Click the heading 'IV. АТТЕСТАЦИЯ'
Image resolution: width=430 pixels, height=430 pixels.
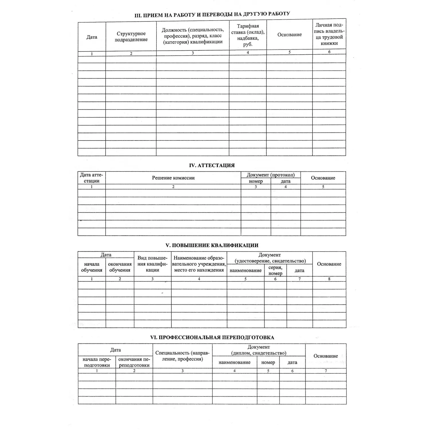(212, 165)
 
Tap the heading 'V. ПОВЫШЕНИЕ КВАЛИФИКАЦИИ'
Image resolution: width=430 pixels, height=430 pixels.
(212, 245)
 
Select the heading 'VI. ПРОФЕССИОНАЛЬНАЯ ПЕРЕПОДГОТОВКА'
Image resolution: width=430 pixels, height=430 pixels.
(212, 337)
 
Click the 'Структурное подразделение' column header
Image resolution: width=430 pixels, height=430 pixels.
(131, 37)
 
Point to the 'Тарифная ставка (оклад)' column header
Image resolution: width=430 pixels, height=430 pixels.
(248, 35)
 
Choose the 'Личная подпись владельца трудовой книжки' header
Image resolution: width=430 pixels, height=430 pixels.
(329, 34)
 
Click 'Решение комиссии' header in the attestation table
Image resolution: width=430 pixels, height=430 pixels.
(173, 178)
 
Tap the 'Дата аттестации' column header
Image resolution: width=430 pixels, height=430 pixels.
(91, 178)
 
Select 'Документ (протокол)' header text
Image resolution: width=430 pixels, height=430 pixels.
(270, 175)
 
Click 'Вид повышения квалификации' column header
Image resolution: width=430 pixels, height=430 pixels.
(152, 264)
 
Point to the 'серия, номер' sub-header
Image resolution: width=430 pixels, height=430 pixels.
(275, 270)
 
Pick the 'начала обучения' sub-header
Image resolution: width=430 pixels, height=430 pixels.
(91, 267)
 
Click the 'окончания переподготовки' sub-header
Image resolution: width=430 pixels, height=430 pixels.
(134, 362)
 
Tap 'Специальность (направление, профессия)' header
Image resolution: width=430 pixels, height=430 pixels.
(182, 356)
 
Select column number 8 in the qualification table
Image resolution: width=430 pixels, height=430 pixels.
(329, 279)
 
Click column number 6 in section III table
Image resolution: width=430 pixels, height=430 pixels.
(329, 52)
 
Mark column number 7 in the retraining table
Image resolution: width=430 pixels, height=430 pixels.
(326, 371)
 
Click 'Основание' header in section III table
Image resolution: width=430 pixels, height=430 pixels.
(289, 35)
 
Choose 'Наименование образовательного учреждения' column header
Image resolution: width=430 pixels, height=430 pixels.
(199, 264)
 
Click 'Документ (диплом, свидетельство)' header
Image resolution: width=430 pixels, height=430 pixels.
(259, 350)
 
